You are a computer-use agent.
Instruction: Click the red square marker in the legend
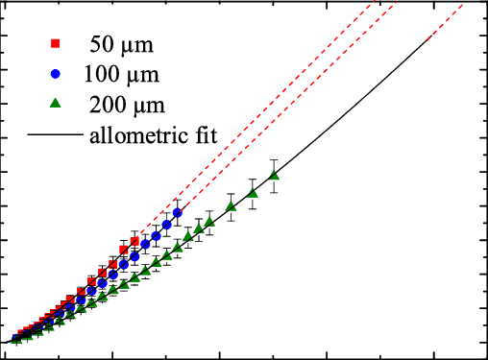pyautogui.click(x=56, y=43)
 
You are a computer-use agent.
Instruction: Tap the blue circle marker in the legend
pyautogui.click(x=56, y=73)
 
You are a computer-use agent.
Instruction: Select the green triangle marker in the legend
pyautogui.click(x=56, y=103)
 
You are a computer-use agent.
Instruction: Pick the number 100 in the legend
pyautogui.click(x=103, y=74)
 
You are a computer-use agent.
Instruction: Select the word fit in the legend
pyautogui.click(x=205, y=134)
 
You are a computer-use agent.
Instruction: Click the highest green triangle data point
pyautogui.click(x=274, y=175)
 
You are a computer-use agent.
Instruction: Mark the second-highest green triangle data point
pyautogui.click(x=253, y=193)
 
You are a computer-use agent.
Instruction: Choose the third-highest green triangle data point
pyautogui.click(x=231, y=206)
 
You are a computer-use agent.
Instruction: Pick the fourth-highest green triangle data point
pyautogui.click(x=208, y=222)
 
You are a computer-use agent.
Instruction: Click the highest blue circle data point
pyautogui.click(x=177, y=212)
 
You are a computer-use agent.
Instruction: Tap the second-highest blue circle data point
pyautogui.click(x=166, y=225)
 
